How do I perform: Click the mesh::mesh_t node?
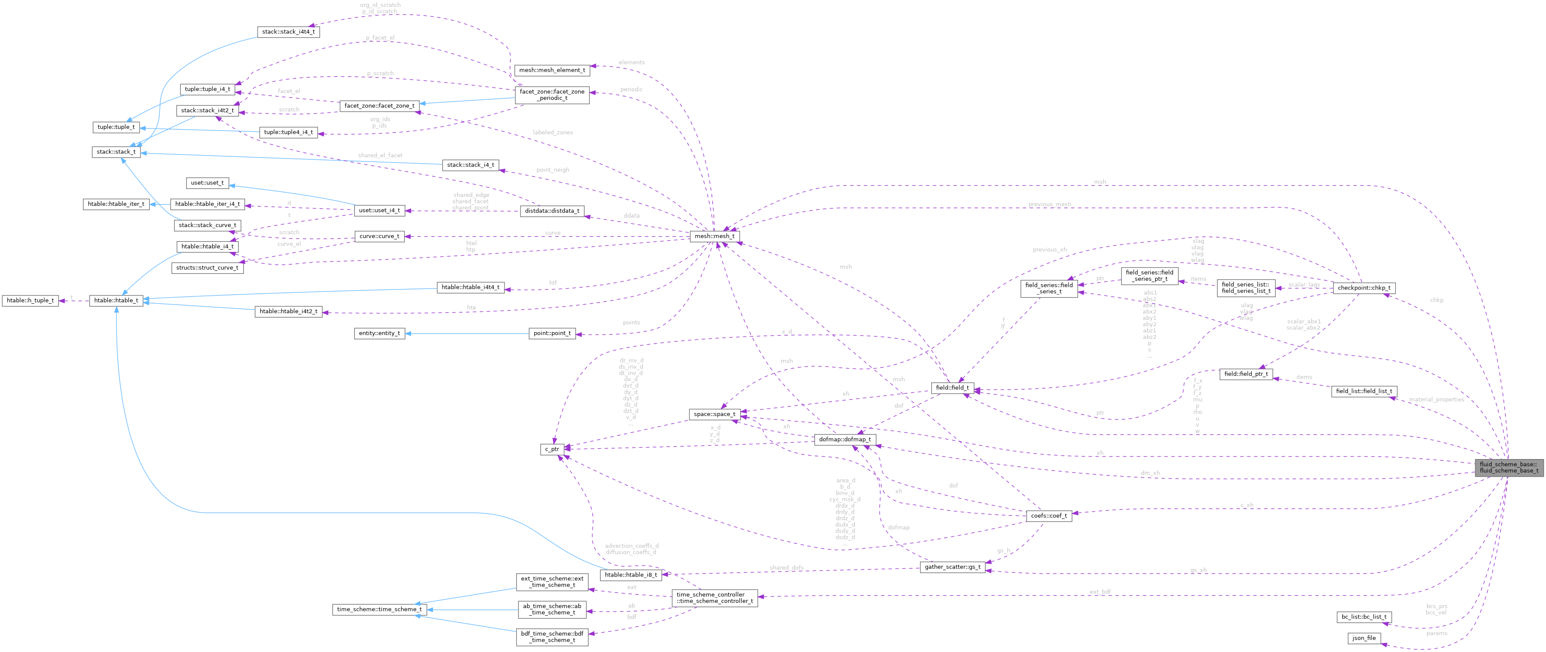pyautogui.click(x=714, y=236)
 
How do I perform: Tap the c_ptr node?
pyautogui.click(x=552, y=449)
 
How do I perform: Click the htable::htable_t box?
pyautogui.click(x=116, y=300)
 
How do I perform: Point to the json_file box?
pyautogui.click(x=1364, y=638)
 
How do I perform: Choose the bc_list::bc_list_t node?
pyautogui.click(x=1364, y=617)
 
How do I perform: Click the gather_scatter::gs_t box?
pyautogui.click(x=952, y=567)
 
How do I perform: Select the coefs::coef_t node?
pyautogui.click(x=1048, y=515)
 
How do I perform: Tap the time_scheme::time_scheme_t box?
pyautogui.click(x=379, y=609)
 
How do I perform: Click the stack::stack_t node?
pyautogui.click(x=116, y=152)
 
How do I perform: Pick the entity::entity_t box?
pyautogui.click(x=379, y=333)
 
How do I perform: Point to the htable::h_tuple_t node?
pyautogui.click(x=30, y=300)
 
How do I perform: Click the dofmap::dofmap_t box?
pyautogui.click(x=845, y=440)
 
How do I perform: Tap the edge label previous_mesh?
pyautogui.click(x=1049, y=204)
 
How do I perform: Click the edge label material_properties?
pyautogui.click(x=1436, y=399)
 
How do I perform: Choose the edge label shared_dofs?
pyautogui.click(x=786, y=568)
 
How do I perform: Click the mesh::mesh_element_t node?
pyautogui.click(x=552, y=70)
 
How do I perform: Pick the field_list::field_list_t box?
pyautogui.click(x=1364, y=391)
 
